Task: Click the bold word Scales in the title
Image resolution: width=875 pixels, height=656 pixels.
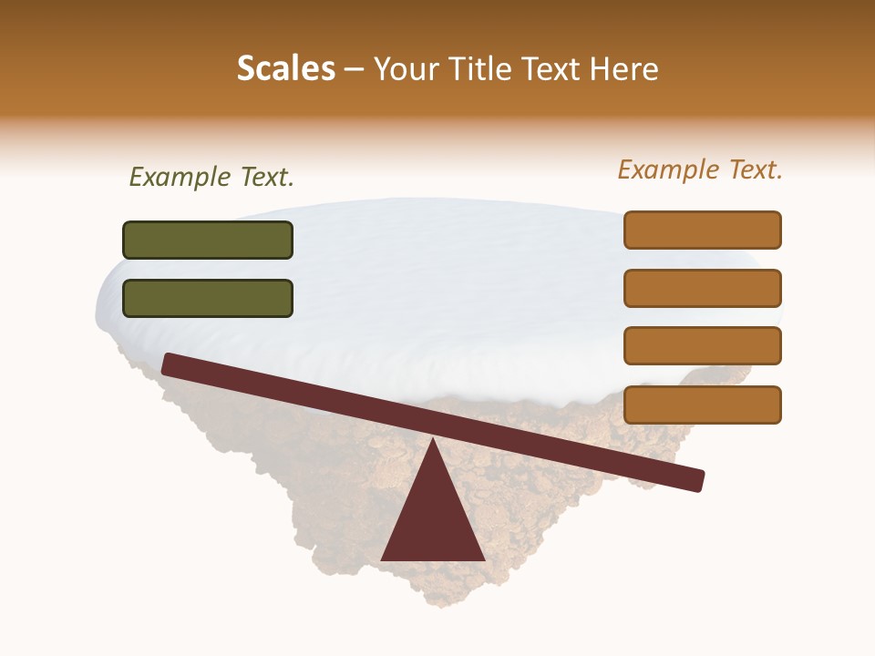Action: click(x=285, y=69)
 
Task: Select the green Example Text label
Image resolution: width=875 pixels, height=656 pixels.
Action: click(x=211, y=178)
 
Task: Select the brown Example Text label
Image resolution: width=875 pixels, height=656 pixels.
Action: click(x=700, y=169)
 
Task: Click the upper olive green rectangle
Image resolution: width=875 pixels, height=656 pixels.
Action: click(x=208, y=240)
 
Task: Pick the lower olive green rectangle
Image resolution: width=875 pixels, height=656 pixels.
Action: click(x=208, y=298)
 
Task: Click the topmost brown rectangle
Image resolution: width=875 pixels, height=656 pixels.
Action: click(x=703, y=230)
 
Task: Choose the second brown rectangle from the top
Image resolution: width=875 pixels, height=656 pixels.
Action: click(x=703, y=288)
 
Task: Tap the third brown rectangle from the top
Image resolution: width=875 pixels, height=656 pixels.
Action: click(x=703, y=346)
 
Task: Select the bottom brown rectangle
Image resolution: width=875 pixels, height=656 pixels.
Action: click(x=703, y=405)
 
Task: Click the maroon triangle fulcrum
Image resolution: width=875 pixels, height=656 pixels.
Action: click(x=433, y=519)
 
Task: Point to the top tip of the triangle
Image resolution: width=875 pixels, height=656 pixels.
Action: click(x=433, y=438)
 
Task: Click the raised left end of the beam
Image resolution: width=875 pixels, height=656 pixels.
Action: click(x=170, y=364)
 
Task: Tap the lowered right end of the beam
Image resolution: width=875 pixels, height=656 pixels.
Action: click(x=697, y=480)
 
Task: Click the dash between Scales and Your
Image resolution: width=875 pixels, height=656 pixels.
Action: click(x=355, y=69)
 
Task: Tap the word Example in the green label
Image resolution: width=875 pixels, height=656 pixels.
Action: click(x=180, y=178)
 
